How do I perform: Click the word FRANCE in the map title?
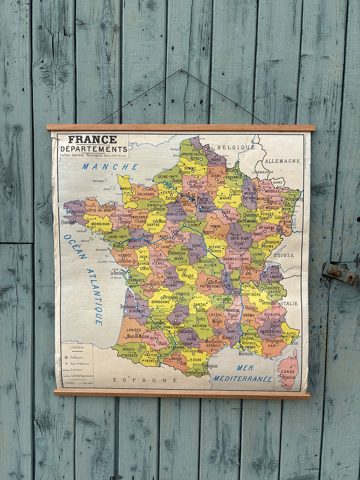[x=92, y=140]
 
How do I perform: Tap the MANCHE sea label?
[x=110, y=167]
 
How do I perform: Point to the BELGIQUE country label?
[x=235, y=147]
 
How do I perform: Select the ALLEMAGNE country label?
[x=282, y=161]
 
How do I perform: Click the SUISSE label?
[x=284, y=255]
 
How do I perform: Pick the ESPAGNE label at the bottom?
[x=145, y=380]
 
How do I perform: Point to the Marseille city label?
[x=246, y=354]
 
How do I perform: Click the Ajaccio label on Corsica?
[x=288, y=377]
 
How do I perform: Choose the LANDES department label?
[x=134, y=330]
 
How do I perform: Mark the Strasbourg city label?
[x=294, y=199]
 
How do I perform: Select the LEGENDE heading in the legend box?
[x=78, y=347]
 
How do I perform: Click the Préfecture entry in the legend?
[x=76, y=357]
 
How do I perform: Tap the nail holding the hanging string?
[x=181, y=69]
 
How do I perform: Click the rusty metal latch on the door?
[x=339, y=273]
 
